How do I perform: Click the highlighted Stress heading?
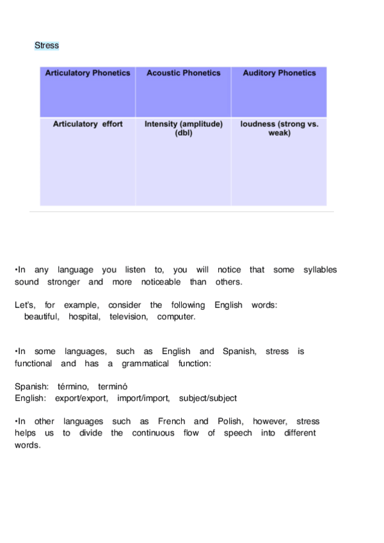[47, 45]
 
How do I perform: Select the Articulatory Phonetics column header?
[88, 73]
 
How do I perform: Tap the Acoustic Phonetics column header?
[184, 73]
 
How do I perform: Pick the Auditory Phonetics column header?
[279, 73]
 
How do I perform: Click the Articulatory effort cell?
[88, 124]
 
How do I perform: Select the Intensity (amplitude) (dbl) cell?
[184, 129]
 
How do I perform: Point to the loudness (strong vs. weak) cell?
[279, 129]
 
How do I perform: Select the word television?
[128, 317]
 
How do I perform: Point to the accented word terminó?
[113, 386]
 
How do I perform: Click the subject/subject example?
[208, 398]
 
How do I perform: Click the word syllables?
[320, 270]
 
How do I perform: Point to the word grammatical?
[145, 364]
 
